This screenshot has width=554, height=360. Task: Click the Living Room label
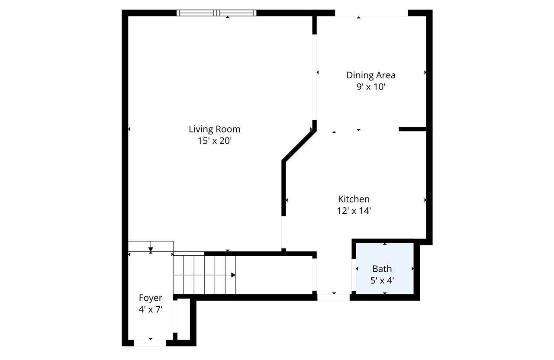pos(214,129)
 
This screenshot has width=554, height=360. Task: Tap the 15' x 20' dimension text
pos(214,141)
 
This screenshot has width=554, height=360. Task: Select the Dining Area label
pos(371,75)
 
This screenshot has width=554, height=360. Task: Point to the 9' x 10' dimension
pos(371,87)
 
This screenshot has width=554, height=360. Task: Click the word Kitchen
pos(354,199)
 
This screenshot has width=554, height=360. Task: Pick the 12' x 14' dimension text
pos(354,211)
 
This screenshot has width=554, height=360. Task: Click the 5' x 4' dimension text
pos(382,280)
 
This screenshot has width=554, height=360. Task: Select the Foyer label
pos(151,298)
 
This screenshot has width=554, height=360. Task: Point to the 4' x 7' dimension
pos(151,309)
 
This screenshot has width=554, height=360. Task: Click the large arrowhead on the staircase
pos(233,275)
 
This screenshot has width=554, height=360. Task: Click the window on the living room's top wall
pos(216,13)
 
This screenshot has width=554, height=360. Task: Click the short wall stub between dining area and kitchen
pos(412,129)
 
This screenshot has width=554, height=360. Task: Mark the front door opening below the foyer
pos(150,343)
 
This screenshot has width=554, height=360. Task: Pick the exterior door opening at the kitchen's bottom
pos(333,297)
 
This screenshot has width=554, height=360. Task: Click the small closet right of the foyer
pos(184,318)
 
